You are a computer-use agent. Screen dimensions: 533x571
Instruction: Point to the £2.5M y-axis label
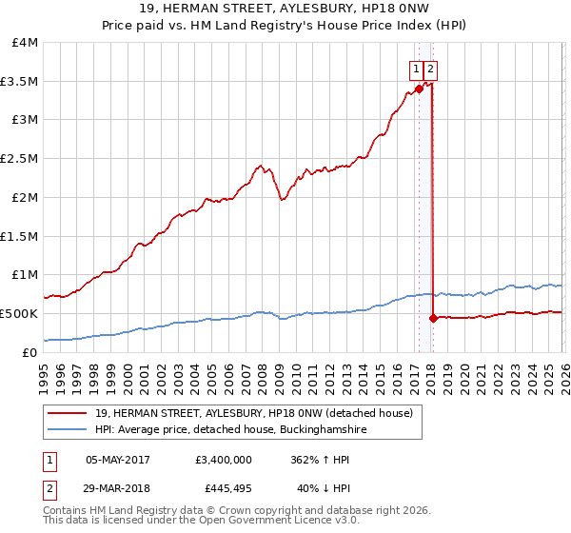coord(19,159)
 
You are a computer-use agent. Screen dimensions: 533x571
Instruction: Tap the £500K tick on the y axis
coord(19,313)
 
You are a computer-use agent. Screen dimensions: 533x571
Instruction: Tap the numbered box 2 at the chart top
coord(431,68)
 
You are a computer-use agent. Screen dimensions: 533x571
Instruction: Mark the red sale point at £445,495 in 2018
coord(433,318)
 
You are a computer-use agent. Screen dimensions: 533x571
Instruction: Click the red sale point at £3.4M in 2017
coord(419,89)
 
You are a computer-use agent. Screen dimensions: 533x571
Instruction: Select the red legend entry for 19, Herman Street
coord(253,413)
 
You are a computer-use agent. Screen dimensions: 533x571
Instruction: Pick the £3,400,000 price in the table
coord(223,460)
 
